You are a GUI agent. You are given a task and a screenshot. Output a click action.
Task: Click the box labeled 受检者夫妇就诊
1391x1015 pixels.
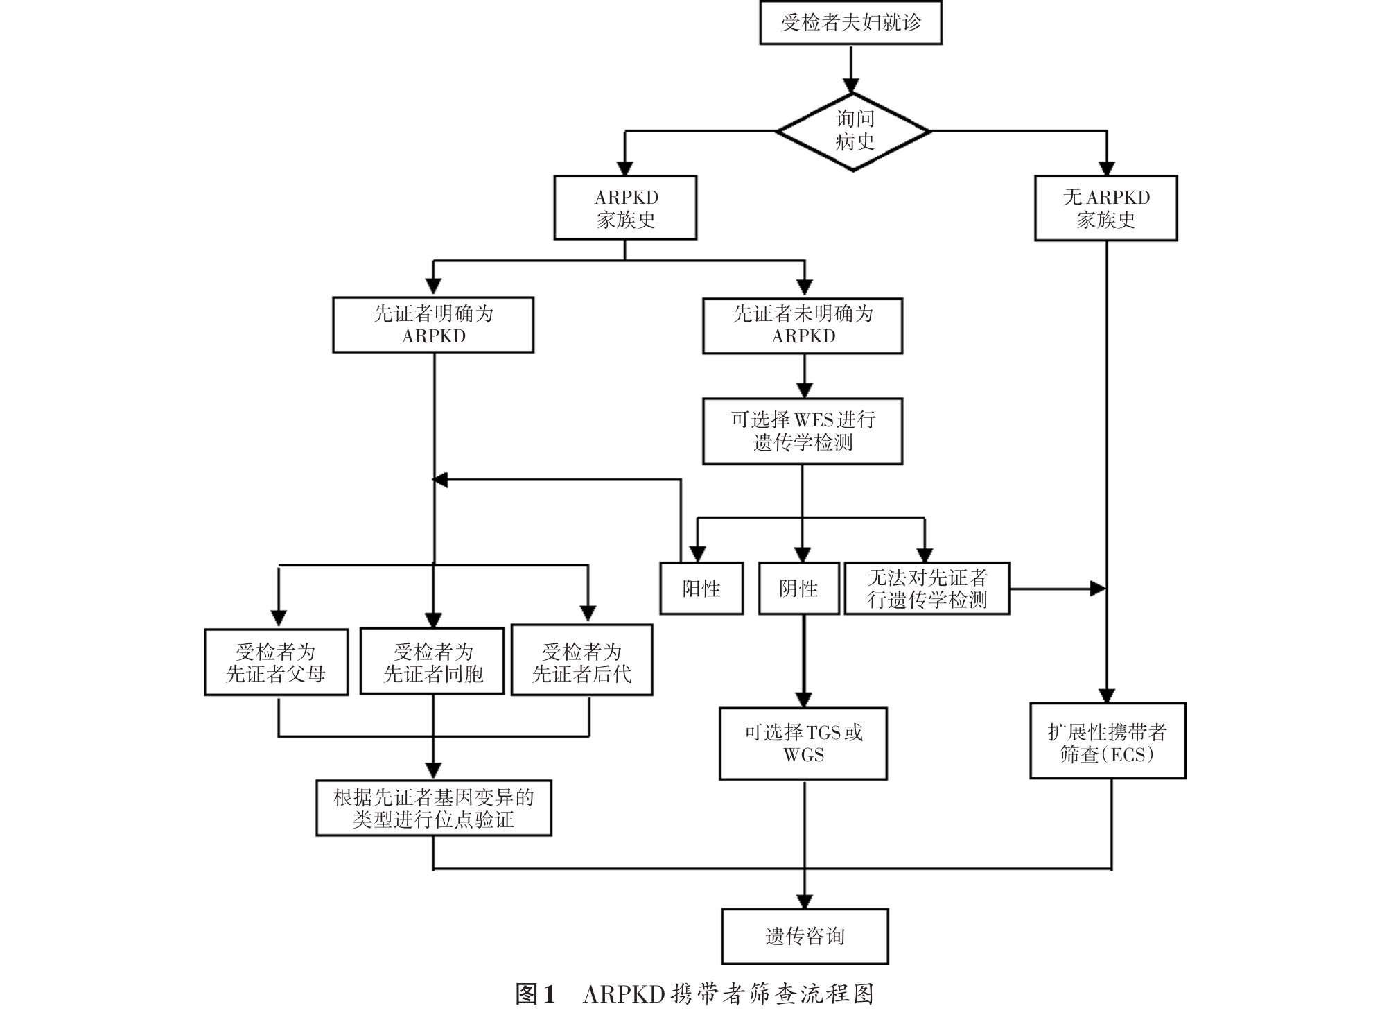pos(850,23)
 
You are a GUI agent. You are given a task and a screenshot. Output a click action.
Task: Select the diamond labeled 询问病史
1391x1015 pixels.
pos(853,131)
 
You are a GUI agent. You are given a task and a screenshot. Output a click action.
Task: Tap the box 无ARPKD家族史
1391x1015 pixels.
pos(1105,208)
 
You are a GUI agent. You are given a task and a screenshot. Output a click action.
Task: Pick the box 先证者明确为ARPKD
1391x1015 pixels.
pos(433,324)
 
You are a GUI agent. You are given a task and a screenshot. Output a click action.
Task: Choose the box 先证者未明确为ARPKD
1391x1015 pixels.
pos(803,325)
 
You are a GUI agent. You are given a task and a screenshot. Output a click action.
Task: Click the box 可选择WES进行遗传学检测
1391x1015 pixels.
pos(803,431)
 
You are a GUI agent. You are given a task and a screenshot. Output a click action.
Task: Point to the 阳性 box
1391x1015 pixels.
pos(701,589)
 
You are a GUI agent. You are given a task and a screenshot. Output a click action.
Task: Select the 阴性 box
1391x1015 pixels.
pos(798,589)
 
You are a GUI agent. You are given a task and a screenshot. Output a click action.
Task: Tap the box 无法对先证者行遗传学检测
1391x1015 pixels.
pos(927,589)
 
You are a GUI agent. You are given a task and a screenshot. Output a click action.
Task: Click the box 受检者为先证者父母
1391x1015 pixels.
pos(276,662)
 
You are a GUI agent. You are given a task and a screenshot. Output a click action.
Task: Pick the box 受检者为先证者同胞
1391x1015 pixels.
pos(432,662)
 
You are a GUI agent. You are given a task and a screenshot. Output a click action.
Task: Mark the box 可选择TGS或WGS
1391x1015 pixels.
pos(803,743)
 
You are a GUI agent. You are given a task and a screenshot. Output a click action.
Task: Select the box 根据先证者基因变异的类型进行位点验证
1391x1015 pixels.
pos(434,808)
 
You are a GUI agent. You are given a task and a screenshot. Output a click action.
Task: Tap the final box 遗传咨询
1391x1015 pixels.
pos(805,936)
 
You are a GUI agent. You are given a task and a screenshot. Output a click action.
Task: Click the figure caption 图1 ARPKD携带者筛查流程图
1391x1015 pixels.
pos(694,994)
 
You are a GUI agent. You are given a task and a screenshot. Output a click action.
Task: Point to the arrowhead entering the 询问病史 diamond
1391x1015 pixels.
pos(850,86)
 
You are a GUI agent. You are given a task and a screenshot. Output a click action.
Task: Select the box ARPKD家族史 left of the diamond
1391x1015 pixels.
pos(625,208)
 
